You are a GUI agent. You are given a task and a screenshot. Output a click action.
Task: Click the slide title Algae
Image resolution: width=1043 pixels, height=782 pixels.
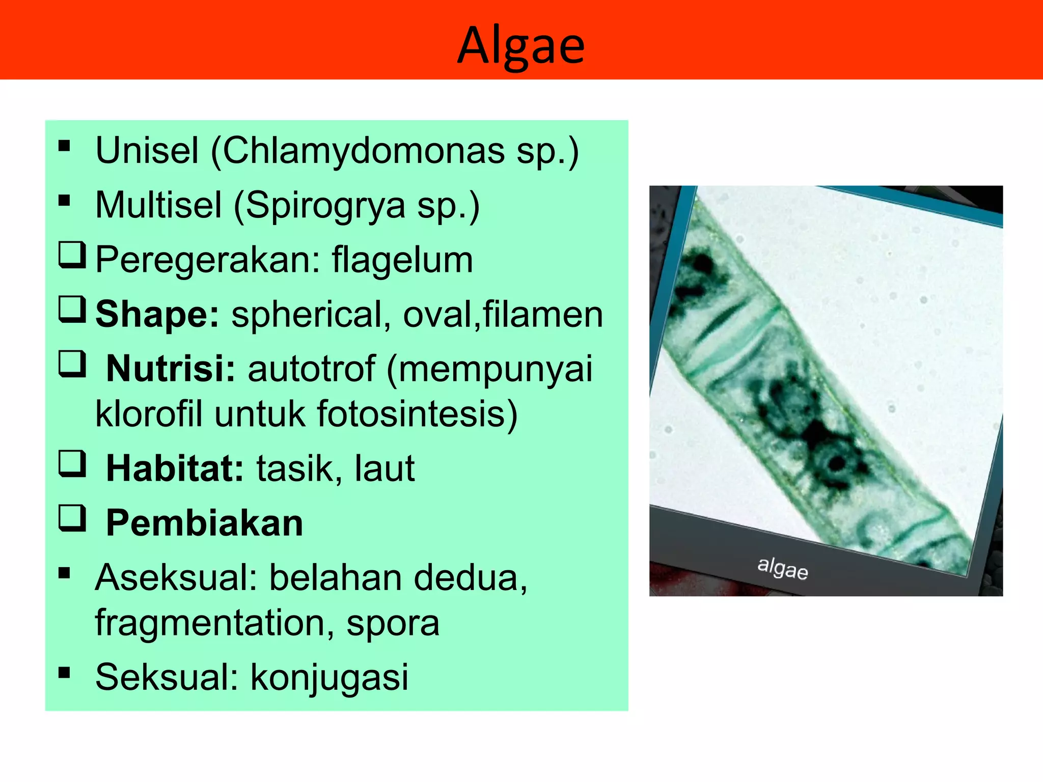click(x=521, y=46)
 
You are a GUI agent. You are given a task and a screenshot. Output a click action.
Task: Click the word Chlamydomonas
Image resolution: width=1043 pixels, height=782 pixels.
click(x=363, y=151)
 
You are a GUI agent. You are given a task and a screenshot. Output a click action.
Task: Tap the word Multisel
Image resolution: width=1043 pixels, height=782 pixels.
click(x=158, y=205)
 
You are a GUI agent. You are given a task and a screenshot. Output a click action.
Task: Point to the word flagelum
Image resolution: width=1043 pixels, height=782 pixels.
click(x=402, y=260)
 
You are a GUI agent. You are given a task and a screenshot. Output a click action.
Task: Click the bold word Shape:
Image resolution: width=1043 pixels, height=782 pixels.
click(x=157, y=314)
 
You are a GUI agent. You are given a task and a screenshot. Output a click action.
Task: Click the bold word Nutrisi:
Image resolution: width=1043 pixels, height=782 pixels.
click(x=171, y=369)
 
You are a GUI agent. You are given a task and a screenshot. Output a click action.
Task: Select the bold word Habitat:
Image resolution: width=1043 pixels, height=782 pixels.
click(x=175, y=468)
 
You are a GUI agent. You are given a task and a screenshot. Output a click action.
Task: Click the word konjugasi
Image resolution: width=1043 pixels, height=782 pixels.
click(x=330, y=677)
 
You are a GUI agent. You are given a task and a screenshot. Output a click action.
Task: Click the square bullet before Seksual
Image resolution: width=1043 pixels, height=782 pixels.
click(x=64, y=673)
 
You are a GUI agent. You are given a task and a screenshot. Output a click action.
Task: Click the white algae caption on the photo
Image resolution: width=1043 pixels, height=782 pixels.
click(x=782, y=568)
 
